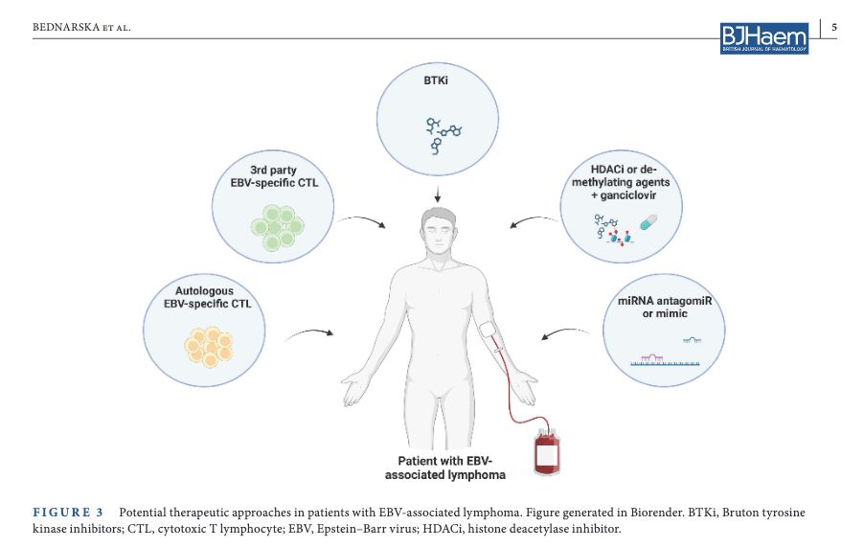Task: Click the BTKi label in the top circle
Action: coord(436,81)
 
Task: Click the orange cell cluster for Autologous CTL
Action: coord(208,346)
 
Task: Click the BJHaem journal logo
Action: coord(764,36)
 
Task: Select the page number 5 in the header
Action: coord(833,27)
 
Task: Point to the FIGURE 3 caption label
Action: coord(67,513)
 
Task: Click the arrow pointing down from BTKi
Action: coord(437,193)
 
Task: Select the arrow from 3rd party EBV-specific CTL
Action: coord(363,221)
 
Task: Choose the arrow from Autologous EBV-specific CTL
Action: coord(309,333)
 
